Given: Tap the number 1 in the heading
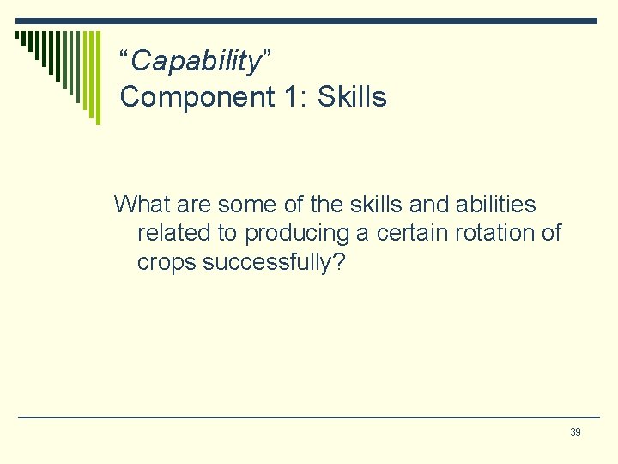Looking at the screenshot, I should (290, 97).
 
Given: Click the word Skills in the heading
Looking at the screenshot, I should (352, 97).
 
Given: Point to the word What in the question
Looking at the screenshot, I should (141, 205).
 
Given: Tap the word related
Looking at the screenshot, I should (167, 233).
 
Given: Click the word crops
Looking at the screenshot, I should (167, 263).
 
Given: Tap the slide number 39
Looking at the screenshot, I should (575, 432).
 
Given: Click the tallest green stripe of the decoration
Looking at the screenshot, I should (97, 77).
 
